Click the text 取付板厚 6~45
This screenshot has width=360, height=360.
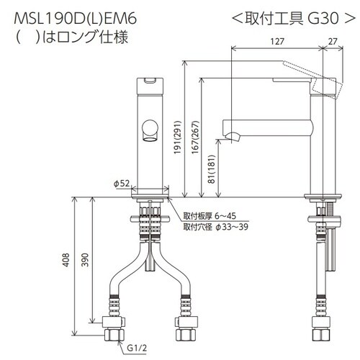210,216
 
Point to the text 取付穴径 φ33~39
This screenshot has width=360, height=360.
215,228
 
